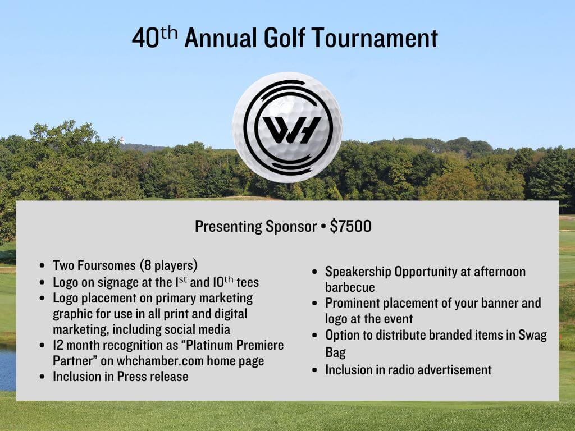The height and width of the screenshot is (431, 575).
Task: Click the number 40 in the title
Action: click(x=145, y=39)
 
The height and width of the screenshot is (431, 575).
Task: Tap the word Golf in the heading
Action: click(x=284, y=38)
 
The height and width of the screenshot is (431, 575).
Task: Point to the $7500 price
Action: click(x=350, y=226)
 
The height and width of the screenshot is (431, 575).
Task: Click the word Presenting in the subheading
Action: click(x=228, y=227)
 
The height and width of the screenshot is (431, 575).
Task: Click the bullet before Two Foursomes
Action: click(x=43, y=265)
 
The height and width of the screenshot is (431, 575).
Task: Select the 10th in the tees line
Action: click(x=223, y=282)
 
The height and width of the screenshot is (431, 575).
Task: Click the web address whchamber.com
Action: click(x=160, y=361)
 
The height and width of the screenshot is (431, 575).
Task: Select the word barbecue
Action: click(x=350, y=287)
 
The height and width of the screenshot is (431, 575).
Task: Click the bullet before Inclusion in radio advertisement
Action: click(x=314, y=370)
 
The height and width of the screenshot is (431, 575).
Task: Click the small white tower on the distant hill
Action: click(x=122, y=140)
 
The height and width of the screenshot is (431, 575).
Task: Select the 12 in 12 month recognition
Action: click(x=58, y=345)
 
